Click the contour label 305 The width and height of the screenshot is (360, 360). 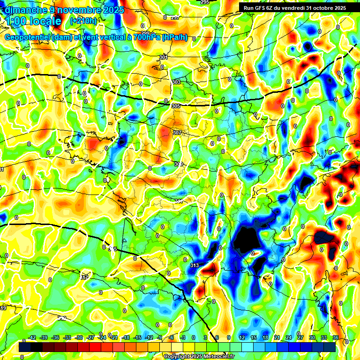pyautogui.click(x=176, y=106)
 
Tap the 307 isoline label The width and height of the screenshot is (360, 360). pyautogui.click(x=177, y=133)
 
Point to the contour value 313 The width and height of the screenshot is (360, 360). pyautogui.click(x=195, y=265)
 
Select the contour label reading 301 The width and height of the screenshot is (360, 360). pyautogui.click(x=163, y=58)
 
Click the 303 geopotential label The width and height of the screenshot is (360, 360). pyautogui.click(x=176, y=82)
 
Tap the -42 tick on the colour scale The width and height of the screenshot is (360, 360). pyautogui.click(x=32, y=337)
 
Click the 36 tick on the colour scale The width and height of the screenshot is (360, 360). pyautogui.click(x=335, y=337)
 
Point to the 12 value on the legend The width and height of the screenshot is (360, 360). pyautogui.click(x=242, y=337)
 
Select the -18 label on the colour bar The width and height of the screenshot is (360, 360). pyautogui.click(x=125, y=337)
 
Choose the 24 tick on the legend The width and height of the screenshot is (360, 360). pyautogui.click(x=288, y=337)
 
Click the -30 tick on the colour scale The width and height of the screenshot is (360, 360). pyautogui.click(x=79, y=337)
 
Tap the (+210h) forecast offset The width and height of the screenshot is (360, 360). pyautogui.click(x=83, y=21)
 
